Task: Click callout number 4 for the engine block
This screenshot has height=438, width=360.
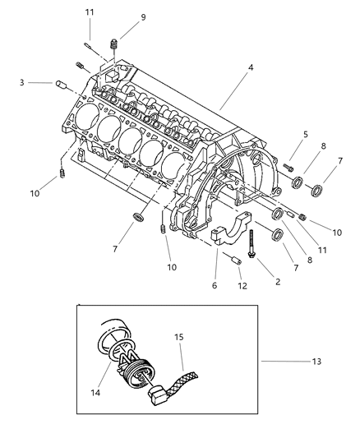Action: [251, 67]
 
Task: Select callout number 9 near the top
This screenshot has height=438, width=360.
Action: [143, 17]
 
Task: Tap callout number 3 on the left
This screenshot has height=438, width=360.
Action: [22, 83]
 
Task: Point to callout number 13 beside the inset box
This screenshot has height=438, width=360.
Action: [316, 362]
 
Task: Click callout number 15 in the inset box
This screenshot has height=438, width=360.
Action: [179, 337]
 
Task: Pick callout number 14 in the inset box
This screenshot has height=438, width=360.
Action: [95, 393]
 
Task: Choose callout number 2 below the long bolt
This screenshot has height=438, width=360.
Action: [278, 282]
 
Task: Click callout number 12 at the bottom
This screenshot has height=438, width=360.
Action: [242, 286]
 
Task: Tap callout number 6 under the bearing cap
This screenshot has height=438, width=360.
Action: [215, 285]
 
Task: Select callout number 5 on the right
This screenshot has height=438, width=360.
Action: [306, 135]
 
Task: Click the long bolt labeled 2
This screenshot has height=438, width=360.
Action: [252, 243]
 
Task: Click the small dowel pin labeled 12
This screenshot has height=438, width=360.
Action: [236, 261]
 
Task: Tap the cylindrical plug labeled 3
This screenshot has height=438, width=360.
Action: [61, 84]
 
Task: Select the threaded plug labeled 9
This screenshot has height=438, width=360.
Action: [113, 44]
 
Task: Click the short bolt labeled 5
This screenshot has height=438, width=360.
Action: [288, 167]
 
